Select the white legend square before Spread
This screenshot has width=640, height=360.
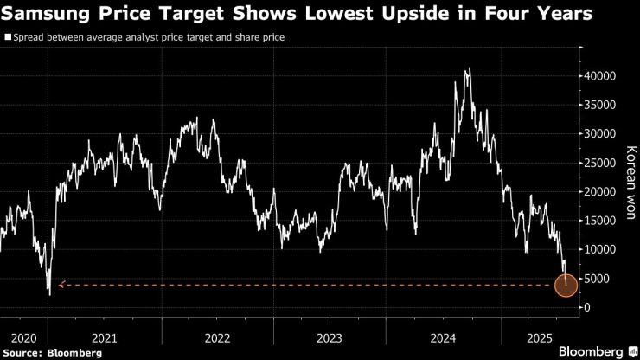[8, 38]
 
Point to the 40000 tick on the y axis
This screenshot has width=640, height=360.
[597, 76]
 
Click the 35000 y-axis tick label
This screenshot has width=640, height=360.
[597, 105]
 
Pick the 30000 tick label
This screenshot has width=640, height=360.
[597, 134]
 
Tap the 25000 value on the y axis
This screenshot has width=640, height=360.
[597, 163]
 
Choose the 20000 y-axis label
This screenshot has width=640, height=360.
[597, 192]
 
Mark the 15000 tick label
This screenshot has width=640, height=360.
[597, 221]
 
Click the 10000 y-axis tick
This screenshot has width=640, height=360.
[597, 250]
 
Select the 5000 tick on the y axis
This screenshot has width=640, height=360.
[594, 279]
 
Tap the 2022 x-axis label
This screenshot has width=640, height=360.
[217, 336]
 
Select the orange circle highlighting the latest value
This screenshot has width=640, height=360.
[566, 285]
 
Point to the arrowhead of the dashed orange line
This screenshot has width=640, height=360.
[61, 285]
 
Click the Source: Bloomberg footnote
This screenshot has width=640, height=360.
[52, 352]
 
